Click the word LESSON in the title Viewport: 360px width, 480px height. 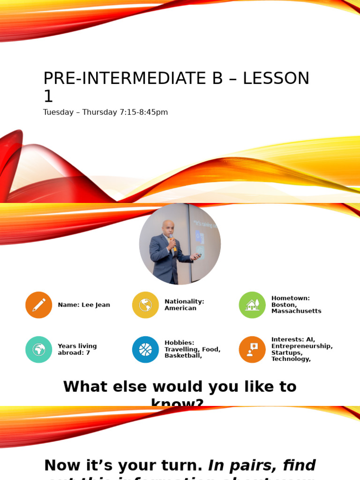pos(276,79)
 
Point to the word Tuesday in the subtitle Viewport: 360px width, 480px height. pos(58,112)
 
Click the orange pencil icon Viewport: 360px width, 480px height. pos(39,305)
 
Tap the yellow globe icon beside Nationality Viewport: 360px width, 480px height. pos(145,305)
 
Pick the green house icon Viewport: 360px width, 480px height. pos(252,305)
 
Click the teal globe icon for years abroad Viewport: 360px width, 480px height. pos(39,349)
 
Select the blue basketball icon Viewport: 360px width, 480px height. pos(145,349)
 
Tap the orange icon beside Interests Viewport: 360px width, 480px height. pos(252,349)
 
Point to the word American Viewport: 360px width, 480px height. pos(180,308)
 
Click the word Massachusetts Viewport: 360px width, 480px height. pos(296,311)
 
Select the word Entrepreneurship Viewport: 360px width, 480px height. pos(301,346)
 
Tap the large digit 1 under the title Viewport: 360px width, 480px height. pos(48,97)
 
